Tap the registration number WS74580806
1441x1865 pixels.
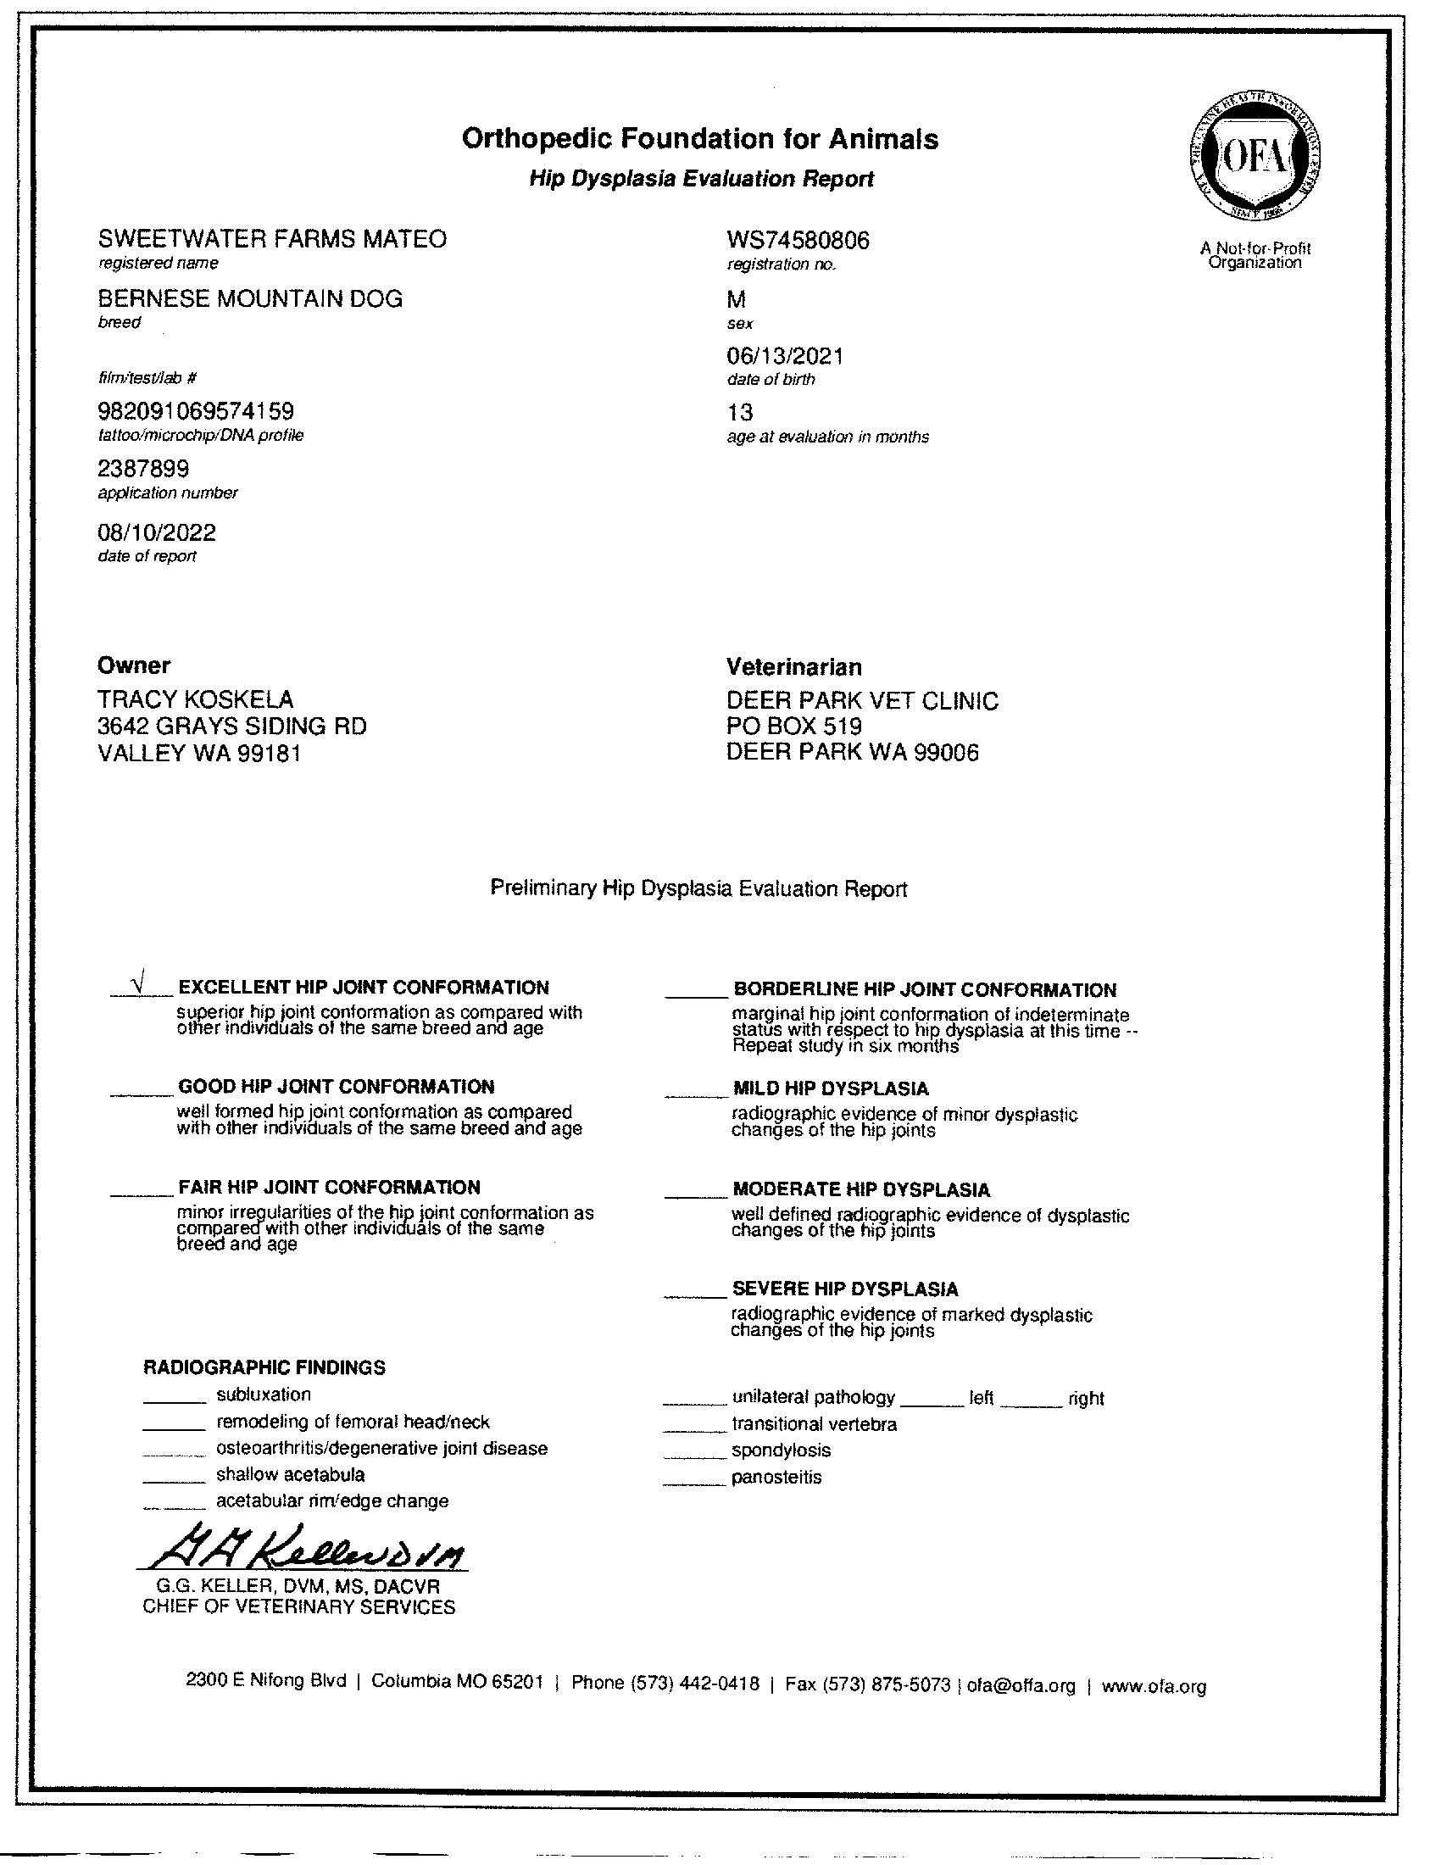coord(798,241)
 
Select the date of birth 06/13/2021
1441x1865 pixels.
coord(785,356)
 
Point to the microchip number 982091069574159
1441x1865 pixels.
coord(197,414)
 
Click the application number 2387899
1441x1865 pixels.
coord(143,469)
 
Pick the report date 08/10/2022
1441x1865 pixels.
coord(157,533)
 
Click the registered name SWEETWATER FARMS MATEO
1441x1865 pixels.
coord(272,239)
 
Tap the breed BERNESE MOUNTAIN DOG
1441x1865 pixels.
coord(250,299)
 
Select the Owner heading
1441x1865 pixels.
coord(134,665)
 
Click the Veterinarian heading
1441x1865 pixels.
coord(793,667)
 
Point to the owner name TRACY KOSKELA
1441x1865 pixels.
coord(196,699)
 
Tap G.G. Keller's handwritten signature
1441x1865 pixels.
coord(308,1547)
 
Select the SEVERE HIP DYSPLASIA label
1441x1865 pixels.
coord(844,1289)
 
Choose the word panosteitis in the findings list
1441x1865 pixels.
coord(776,1478)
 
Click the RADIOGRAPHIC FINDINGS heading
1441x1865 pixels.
coord(264,1367)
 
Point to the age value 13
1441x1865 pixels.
coord(739,414)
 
